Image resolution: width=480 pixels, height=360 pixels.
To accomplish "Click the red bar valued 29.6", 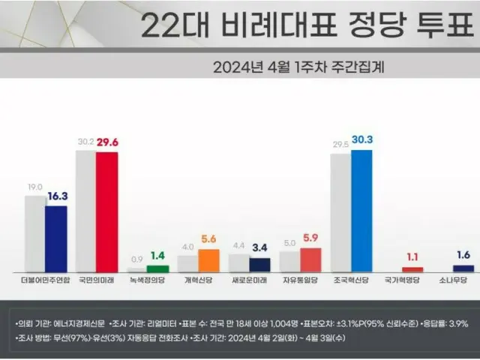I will click(x=106, y=211).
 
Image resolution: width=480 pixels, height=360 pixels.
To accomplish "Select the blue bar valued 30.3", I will click(x=361, y=210).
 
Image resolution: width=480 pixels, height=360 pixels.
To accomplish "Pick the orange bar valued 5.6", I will click(x=208, y=259).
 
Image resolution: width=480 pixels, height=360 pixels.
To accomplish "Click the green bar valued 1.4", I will click(x=157, y=268).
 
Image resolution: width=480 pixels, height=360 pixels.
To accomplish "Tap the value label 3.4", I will click(x=259, y=245).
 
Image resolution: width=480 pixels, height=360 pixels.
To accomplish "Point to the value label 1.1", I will click(x=412, y=256).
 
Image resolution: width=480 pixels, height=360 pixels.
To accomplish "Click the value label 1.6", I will click(x=463, y=253).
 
